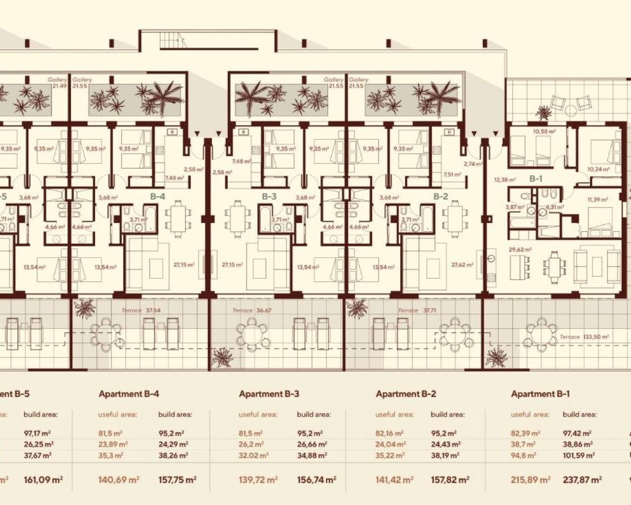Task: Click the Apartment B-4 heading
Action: pos(129,394)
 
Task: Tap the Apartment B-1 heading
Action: pos(540,394)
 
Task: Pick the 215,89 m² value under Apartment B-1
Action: pos(530,479)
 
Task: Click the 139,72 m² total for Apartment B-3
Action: pos(259,479)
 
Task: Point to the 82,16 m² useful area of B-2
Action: pos(389,433)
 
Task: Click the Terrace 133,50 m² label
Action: pos(584,337)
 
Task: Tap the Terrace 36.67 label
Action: pos(252,311)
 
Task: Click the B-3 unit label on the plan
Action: pos(269,196)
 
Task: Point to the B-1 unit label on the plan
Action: pos(536,179)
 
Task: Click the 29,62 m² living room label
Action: pos(520,250)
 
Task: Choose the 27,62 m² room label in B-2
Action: pos(462,265)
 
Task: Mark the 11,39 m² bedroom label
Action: pos(597,200)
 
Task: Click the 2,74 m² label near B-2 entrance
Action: pos(472,164)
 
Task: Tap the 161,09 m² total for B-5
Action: pos(42,479)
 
